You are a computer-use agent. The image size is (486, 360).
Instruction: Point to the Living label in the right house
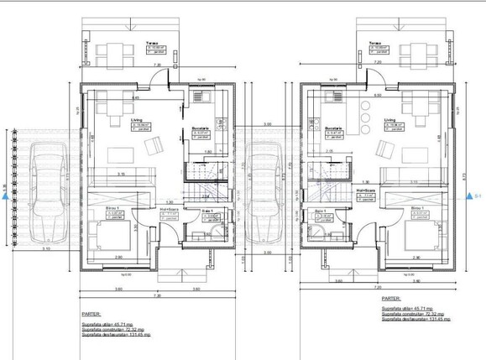[389, 120]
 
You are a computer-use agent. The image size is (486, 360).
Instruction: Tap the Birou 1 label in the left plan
[112, 206]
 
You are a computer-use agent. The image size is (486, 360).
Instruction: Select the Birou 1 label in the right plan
[418, 206]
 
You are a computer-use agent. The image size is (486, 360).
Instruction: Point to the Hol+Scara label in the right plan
[365, 190]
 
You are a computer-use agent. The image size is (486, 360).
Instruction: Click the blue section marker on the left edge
[6, 197]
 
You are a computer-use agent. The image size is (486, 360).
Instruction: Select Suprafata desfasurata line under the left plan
[115, 334]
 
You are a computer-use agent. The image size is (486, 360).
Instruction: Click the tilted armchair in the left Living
[155, 148]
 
